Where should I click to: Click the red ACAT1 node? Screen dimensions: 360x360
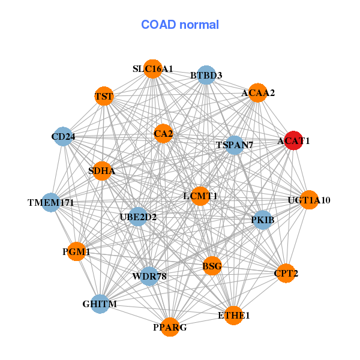coord(293,141)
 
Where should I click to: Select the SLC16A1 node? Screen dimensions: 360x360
coord(153,69)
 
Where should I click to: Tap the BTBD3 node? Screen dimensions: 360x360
coord(206,75)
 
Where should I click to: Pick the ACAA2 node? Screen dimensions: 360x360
coord(257,92)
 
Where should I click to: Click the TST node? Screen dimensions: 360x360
coord(104,96)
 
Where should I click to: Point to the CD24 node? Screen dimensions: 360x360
coord(63,137)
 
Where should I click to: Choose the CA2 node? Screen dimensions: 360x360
coord(163,134)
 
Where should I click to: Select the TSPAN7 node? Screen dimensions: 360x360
coord(235,145)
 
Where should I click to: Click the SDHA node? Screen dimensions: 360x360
coord(102,171)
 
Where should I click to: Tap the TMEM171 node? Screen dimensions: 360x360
coord(51,203)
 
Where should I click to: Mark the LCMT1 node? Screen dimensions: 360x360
coord(200,196)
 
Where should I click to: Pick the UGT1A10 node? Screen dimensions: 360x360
coord(309,200)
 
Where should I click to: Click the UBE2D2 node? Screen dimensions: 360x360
coord(138,217)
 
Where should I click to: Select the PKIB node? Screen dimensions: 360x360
coord(263,220)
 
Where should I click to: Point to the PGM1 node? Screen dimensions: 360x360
coord(76,252)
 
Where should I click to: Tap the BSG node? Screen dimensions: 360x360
coord(212,266)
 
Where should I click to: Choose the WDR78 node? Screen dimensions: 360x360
coord(149,276)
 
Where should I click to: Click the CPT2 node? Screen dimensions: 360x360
coord(286,274)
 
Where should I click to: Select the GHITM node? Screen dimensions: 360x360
coord(100,304)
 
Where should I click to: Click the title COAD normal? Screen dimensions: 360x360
coord(180,25)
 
